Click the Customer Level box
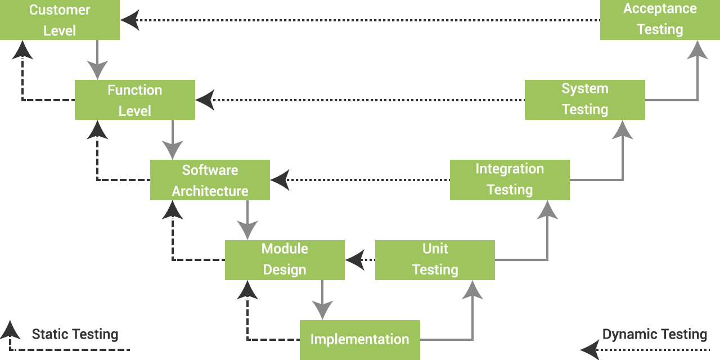pos(60,20)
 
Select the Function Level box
pos(135,100)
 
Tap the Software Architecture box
pos(210,180)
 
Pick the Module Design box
pos(285,260)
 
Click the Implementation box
pos(360,340)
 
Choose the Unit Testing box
pos(435,260)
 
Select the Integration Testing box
pos(510,180)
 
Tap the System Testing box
pos(585,100)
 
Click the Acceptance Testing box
pos(660,20)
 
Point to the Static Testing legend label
pos(75,335)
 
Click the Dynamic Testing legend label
pos(655,335)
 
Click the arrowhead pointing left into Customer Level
pos(130,20)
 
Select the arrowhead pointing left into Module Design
pos(355,260)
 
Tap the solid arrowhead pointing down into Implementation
pos(322,310)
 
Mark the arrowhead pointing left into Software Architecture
pos(280,180)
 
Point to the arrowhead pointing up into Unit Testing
pos(472,290)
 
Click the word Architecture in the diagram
pos(210,191)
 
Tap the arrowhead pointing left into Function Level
pos(205,100)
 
